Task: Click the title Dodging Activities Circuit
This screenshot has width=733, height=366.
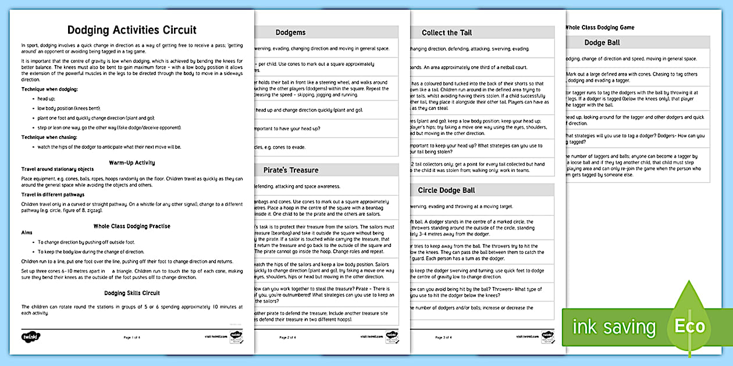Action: point(132,30)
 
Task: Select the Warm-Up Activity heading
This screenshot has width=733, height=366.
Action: point(132,163)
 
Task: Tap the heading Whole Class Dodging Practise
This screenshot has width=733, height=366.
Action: point(132,226)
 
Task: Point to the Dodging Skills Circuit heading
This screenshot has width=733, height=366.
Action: point(132,293)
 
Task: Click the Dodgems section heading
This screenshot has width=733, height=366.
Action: point(290,33)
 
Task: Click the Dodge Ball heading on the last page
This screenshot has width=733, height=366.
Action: point(602,42)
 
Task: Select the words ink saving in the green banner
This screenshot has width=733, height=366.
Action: point(614,326)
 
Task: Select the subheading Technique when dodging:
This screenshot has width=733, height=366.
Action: point(49,89)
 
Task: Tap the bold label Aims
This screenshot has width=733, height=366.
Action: point(27,233)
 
